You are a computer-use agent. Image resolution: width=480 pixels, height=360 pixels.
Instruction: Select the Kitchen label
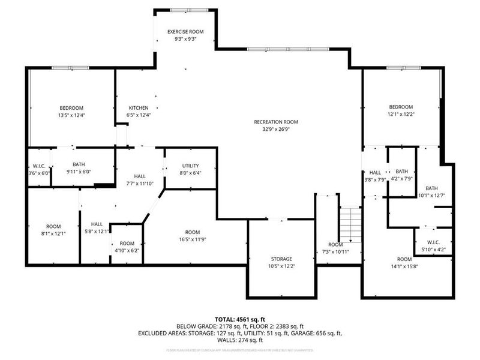click(137, 107)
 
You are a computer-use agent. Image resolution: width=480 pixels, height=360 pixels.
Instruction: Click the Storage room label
click(281, 259)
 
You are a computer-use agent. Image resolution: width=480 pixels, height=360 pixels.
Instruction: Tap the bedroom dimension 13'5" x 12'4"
click(71, 115)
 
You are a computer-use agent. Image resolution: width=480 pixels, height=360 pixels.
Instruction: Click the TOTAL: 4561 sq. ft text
click(240, 319)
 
